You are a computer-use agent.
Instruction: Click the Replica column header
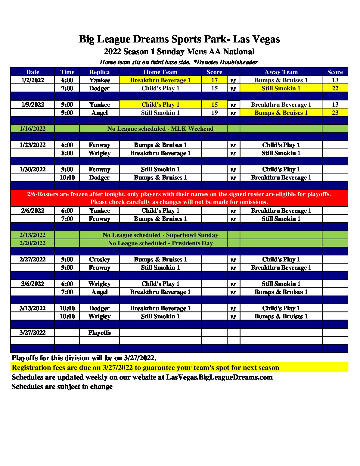pyautogui.click(x=99, y=72)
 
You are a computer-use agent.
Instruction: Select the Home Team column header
pyautogui.click(x=160, y=72)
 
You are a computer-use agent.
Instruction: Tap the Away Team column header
pyautogui.click(x=281, y=72)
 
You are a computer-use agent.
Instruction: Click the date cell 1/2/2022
pyautogui.click(x=33, y=80)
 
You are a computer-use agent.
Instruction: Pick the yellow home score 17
pyautogui.click(x=214, y=80)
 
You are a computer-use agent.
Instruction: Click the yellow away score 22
pyautogui.click(x=335, y=88)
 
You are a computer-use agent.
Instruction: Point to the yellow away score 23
pyautogui.click(x=335, y=113)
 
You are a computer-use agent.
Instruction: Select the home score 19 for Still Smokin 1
pyautogui.click(x=214, y=113)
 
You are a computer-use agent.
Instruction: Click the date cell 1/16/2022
pyautogui.click(x=33, y=129)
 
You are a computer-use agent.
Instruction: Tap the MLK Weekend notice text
pyautogui.click(x=160, y=129)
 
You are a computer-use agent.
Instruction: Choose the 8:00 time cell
pyautogui.click(x=67, y=153)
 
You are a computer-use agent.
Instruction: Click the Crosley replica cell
pyautogui.click(x=99, y=259)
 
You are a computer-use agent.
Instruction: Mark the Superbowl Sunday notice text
pyautogui.click(x=160, y=235)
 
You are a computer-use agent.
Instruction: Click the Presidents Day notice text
pyautogui.click(x=160, y=243)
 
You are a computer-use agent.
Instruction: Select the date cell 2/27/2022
pyautogui.click(x=33, y=259)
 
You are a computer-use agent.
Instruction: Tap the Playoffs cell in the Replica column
pyautogui.click(x=99, y=333)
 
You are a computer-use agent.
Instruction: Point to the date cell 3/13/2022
pyautogui.click(x=33, y=308)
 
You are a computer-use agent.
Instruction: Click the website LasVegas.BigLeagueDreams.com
pyautogui.click(x=219, y=377)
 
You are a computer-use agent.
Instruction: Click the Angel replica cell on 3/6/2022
pyautogui.click(x=99, y=292)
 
